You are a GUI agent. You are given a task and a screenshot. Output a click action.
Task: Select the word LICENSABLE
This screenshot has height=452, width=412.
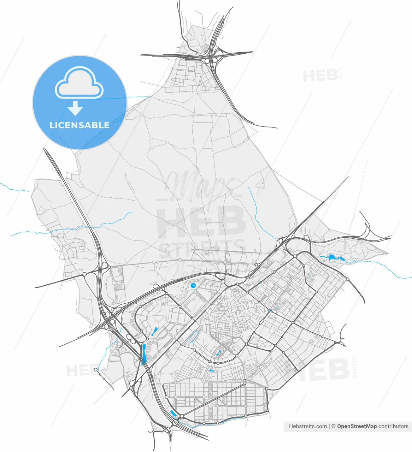[80, 125]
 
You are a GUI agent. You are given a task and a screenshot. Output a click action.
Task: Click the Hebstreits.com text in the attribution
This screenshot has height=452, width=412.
[308, 426]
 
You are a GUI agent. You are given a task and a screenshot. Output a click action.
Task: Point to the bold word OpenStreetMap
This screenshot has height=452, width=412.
[357, 426]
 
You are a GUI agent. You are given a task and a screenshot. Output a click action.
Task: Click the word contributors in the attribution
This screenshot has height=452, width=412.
[393, 426]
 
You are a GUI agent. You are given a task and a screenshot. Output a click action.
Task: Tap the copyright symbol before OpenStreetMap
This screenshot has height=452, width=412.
[333, 426]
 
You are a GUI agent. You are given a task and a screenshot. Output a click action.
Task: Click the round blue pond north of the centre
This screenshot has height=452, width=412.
[193, 285]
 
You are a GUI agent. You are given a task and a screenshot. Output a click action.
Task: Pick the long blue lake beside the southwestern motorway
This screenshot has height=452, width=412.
[145, 354]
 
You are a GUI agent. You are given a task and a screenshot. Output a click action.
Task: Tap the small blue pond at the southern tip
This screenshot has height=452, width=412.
[173, 413]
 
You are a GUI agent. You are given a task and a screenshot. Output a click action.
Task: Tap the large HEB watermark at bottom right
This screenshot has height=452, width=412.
[322, 369]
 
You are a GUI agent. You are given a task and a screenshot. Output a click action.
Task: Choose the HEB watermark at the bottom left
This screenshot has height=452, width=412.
[80, 370]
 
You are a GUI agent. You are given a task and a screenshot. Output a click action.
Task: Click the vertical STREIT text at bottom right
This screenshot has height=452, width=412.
[355, 368]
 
